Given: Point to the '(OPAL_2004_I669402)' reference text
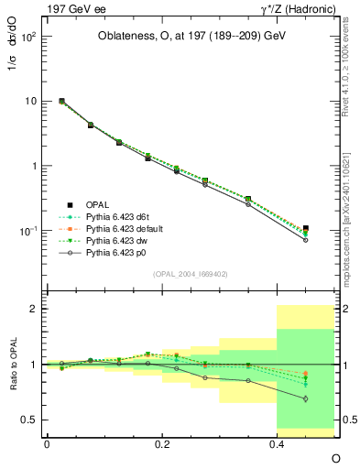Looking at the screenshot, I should point(190,272).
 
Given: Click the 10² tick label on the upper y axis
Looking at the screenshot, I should point(28,38).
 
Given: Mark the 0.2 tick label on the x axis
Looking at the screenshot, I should point(161,442).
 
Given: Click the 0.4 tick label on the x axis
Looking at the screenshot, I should point(277,442).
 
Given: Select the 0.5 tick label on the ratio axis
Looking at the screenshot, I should point(27,420).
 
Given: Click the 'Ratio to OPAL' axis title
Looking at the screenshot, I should point(11,365).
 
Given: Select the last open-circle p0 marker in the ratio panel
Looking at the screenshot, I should point(306,399).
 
